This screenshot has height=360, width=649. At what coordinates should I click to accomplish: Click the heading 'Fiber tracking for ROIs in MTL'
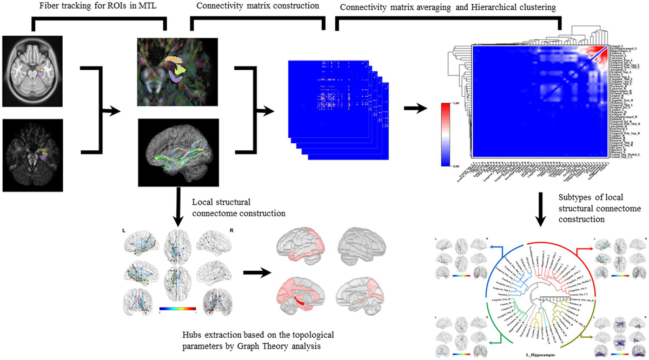coord(101,6)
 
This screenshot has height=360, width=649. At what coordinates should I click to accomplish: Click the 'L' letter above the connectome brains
coord(125,230)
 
